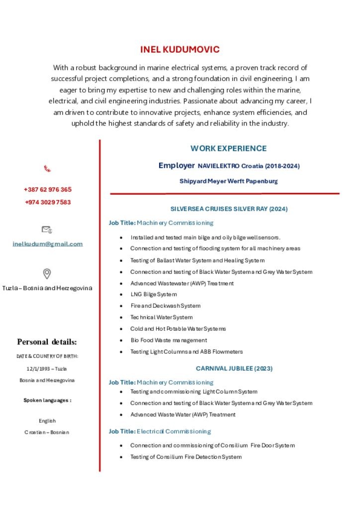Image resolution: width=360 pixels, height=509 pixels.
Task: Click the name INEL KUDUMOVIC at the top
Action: [x=180, y=50]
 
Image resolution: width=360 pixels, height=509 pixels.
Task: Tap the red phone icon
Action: [x=47, y=169]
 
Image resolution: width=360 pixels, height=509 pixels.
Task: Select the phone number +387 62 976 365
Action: [x=48, y=189]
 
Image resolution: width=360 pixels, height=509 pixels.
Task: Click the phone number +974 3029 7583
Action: [x=48, y=202]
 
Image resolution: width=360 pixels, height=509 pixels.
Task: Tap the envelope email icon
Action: [x=47, y=230]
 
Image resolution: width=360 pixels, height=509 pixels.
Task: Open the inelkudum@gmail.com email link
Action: [x=48, y=244]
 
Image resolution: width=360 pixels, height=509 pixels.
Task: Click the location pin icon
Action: [x=47, y=273]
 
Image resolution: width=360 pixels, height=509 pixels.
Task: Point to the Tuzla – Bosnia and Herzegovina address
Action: [x=47, y=288]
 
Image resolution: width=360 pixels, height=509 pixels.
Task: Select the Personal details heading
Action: [x=47, y=342]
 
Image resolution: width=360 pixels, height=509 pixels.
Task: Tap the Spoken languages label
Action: [x=47, y=400]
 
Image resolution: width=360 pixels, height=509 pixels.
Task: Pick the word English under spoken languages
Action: [x=47, y=421]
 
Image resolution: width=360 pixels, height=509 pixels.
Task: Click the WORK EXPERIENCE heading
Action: [x=228, y=149]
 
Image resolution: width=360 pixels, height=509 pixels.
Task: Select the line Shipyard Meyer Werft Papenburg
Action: [x=228, y=181]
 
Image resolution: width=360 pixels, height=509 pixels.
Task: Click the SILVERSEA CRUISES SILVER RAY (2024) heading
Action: [x=229, y=209]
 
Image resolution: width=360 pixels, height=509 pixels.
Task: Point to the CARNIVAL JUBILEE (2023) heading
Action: [x=234, y=369]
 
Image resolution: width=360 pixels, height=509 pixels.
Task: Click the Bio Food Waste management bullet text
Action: [x=169, y=340]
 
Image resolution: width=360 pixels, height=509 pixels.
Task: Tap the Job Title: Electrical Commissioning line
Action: [x=160, y=431]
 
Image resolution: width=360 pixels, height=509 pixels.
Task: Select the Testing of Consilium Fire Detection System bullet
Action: [x=186, y=457]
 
